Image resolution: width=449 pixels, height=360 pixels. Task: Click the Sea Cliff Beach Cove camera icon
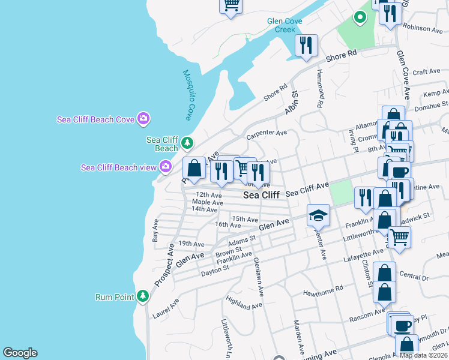(143, 118)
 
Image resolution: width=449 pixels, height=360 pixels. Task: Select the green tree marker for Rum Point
(142, 296)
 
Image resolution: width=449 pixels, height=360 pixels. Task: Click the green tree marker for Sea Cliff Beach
(188, 143)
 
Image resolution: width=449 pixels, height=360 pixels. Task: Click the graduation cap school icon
(319, 215)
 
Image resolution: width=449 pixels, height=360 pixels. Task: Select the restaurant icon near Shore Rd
(306, 45)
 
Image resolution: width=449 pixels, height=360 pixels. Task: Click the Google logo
(20, 353)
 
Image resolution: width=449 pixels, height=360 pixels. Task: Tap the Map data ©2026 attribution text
(423, 355)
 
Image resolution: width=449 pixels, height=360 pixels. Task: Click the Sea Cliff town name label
(261, 195)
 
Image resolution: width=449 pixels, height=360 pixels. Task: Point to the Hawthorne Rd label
(323, 289)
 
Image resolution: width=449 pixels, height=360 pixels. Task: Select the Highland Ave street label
(244, 302)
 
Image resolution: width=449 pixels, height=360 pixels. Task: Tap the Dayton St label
(215, 268)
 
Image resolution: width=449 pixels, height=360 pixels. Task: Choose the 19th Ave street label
(191, 244)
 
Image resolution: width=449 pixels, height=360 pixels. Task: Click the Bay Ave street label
(156, 230)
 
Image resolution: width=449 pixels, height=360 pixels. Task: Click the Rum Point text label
(114, 296)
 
